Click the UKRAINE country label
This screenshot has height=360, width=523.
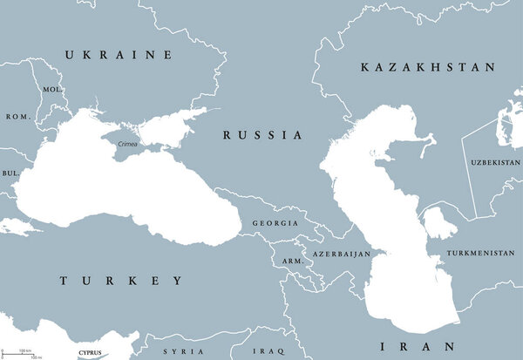pyautogui.click(x=119, y=55)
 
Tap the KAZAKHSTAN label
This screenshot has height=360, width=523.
pyautogui.click(x=428, y=67)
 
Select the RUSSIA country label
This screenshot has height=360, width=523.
pyautogui.click(x=262, y=135)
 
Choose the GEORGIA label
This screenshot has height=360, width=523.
pyautogui.click(x=273, y=223)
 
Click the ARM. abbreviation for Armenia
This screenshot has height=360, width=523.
pyautogui.click(x=289, y=261)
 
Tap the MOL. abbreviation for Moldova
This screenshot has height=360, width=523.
pyautogui.click(x=51, y=90)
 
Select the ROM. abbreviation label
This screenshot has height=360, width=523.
pyautogui.click(x=17, y=117)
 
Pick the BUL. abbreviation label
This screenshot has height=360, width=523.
pyautogui.click(x=11, y=173)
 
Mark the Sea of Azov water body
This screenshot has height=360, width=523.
pyautogui.click(x=166, y=128)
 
